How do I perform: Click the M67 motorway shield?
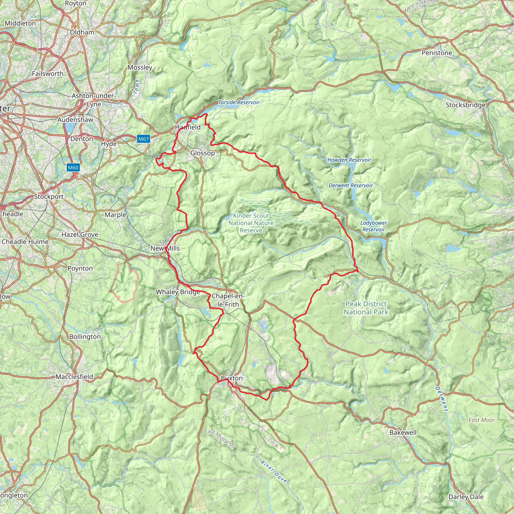(143, 139)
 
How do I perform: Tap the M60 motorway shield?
(73, 168)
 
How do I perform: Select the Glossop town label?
(203, 153)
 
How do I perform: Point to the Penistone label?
(437, 53)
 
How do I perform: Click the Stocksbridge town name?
(466, 105)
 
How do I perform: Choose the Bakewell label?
(403, 432)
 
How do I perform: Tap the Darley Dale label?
(466, 497)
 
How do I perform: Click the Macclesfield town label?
(74, 377)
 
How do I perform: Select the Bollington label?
(85, 337)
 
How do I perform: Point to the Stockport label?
(49, 197)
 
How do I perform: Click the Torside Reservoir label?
(239, 102)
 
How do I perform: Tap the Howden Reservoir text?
(349, 160)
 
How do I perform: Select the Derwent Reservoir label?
(351, 185)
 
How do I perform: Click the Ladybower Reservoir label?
(373, 226)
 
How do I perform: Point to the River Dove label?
(274, 472)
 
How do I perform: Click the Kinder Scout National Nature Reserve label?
(251, 223)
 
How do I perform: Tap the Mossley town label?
(140, 68)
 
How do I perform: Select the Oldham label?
(82, 32)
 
